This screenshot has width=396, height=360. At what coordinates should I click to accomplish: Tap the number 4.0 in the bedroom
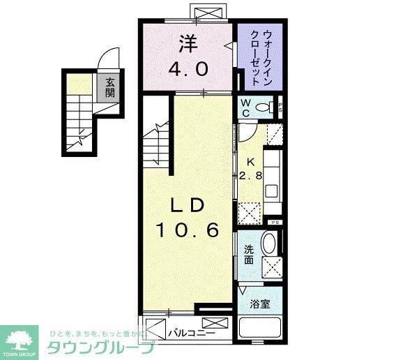pyautogui.click(x=187, y=69)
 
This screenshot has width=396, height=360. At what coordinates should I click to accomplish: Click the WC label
pyautogui.click(x=245, y=108)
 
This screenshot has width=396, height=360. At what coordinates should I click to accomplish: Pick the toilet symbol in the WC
pyautogui.click(x=264, y=107)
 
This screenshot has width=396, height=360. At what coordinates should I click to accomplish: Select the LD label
pyautogui.click(x=188, y=205)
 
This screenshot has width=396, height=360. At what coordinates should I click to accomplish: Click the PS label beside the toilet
pyautogui.click(x=279, y=107)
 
